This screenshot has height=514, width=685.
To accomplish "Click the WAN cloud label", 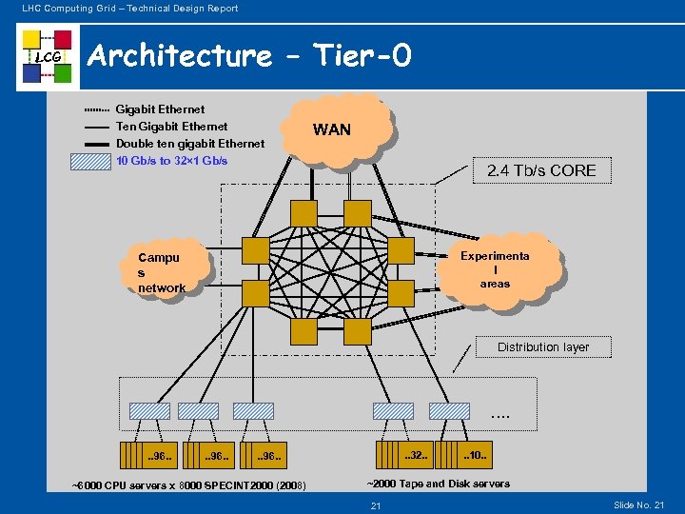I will tap(332, 129).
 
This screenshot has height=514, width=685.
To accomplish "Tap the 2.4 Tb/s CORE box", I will tap(541, 171).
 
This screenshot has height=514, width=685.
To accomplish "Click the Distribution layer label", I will tap(543, 347).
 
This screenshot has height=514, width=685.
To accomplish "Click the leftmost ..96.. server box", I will tap(148, 456).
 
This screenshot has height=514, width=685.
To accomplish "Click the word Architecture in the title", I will tap(179, 55).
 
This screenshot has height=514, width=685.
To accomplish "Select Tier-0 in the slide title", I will tap(364, 55).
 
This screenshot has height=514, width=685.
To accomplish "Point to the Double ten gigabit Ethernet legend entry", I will tap(190, 144).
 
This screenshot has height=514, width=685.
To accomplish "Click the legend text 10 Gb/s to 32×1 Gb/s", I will tap(172, 161).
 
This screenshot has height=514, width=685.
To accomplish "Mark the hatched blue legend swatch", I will tap(91, 161).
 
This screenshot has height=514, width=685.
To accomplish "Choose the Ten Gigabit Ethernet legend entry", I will tap(172, 127).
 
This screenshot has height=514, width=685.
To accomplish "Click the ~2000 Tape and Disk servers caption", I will tap(439, 484).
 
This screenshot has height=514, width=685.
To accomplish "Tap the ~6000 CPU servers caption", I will tap(188, 486).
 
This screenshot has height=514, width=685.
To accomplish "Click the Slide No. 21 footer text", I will tap(639, 504).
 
